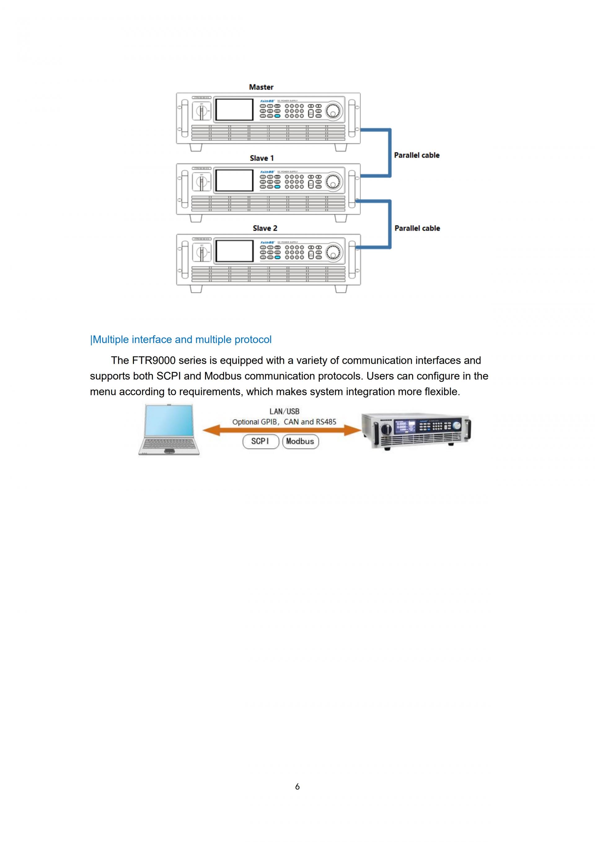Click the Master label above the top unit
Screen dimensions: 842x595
[x=261, y=87]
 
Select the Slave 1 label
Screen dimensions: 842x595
[x=262, y=158]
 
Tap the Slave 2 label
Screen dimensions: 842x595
[x=265, y=228]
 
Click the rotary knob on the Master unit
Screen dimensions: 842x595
[x=333, y=110]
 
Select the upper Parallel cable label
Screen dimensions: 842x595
[x=416, y=155]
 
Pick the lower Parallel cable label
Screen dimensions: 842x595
[x=417, y=228]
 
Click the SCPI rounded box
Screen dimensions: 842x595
[x=260, y=441]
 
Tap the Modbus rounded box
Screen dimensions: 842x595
[x=300, y=441]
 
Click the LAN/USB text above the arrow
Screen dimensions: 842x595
[x=284, y=412]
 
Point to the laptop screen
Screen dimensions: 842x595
[x=169, y=421]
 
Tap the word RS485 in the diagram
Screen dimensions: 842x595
[x=326, y=422]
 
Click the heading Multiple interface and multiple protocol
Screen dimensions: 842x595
[x=181, y=340]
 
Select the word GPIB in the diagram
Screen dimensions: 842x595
[x=269, y=422]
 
